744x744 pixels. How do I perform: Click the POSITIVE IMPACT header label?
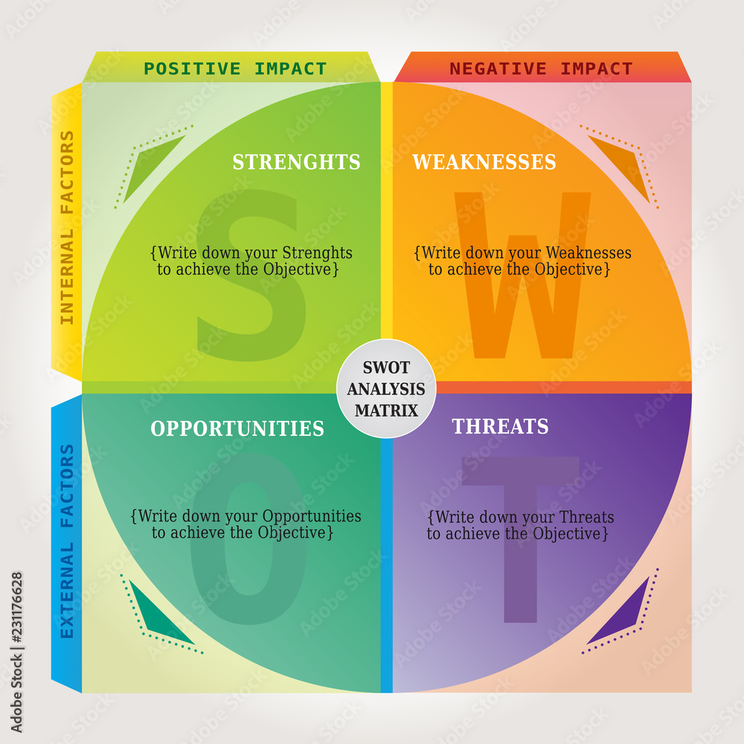tap(235, 69)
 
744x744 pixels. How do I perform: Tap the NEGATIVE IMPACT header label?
tap(541, 69)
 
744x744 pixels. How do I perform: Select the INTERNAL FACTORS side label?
tap(67, 228)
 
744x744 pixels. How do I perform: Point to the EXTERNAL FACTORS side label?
tap(67, 541)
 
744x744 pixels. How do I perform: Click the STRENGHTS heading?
tap(296, 162)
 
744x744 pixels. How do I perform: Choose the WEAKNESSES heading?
tap(484, 162)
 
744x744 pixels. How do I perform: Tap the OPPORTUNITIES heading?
tap(237, 429)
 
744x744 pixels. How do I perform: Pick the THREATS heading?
tap(500, 426)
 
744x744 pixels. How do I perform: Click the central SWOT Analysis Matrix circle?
tap(385, 388)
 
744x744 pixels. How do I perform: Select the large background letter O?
tap(248, 539)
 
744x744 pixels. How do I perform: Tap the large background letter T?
tap(520, 536)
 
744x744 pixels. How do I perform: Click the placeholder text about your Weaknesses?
tap(522, 261)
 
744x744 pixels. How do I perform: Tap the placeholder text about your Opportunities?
tap(246, 525)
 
